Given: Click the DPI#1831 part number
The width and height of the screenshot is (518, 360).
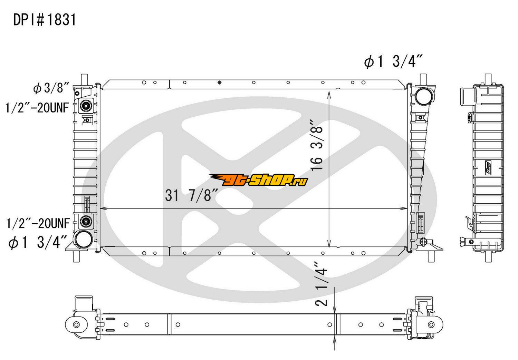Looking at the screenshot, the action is tap(45, 20).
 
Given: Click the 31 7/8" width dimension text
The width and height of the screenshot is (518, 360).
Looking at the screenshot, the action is tap(191, 195).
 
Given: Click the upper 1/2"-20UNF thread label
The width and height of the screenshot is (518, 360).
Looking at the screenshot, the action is tap(37, 108).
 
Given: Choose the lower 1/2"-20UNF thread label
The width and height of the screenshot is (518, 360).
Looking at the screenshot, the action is tap(38, 223).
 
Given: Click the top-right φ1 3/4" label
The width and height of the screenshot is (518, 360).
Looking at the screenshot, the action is tap(393, 62).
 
